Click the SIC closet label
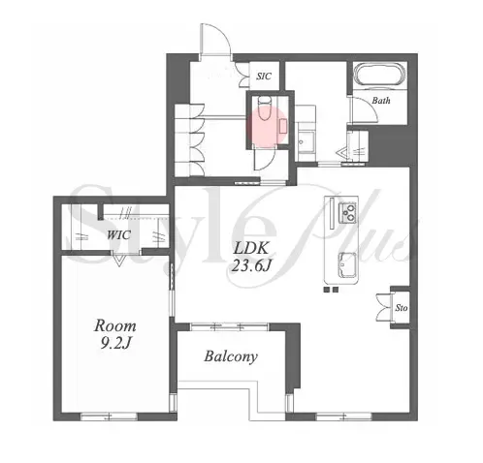[x=264, y=77]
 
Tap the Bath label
[x=381, y=101]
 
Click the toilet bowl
[x=265, y=108]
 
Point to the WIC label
[x=118, y=234]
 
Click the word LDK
[x=251, y=249]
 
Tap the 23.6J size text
[x=251, y=266]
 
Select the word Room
[x=115, y=326]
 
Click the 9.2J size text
[x=115, y=344]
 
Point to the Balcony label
[x=231, y=356]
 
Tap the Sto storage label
[x=402, y=308]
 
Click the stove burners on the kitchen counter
[x=347, y=212]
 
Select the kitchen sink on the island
[x=347, y=264]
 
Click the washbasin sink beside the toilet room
[x=306, y=142]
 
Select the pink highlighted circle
[x=267, y=125]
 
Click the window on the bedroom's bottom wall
[x=110, y=417]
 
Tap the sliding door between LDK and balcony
[x=229, y=326]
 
